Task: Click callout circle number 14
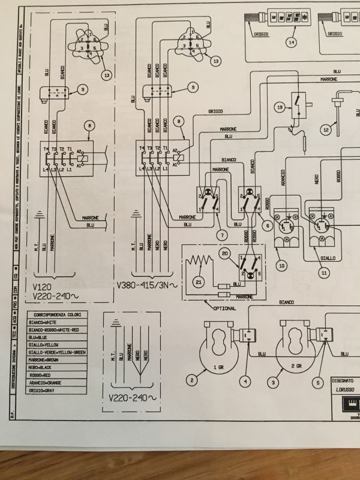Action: coord(292,43)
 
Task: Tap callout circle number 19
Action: coord(280,107)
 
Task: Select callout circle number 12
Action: coord(326,128)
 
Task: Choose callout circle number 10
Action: coord(282,265)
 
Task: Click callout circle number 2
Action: coord(192,380)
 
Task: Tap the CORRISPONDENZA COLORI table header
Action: coord(58,314)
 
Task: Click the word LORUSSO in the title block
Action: coord(347,389)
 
